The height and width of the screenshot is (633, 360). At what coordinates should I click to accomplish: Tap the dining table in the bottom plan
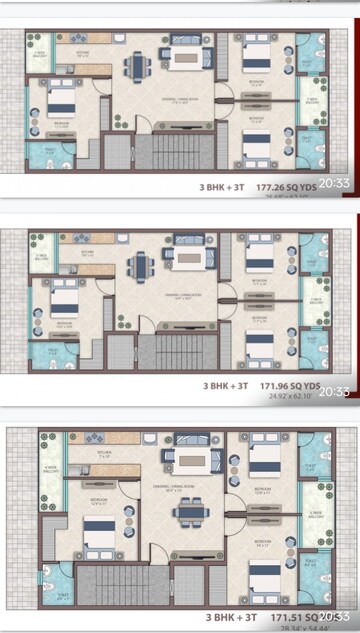point(187,511)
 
